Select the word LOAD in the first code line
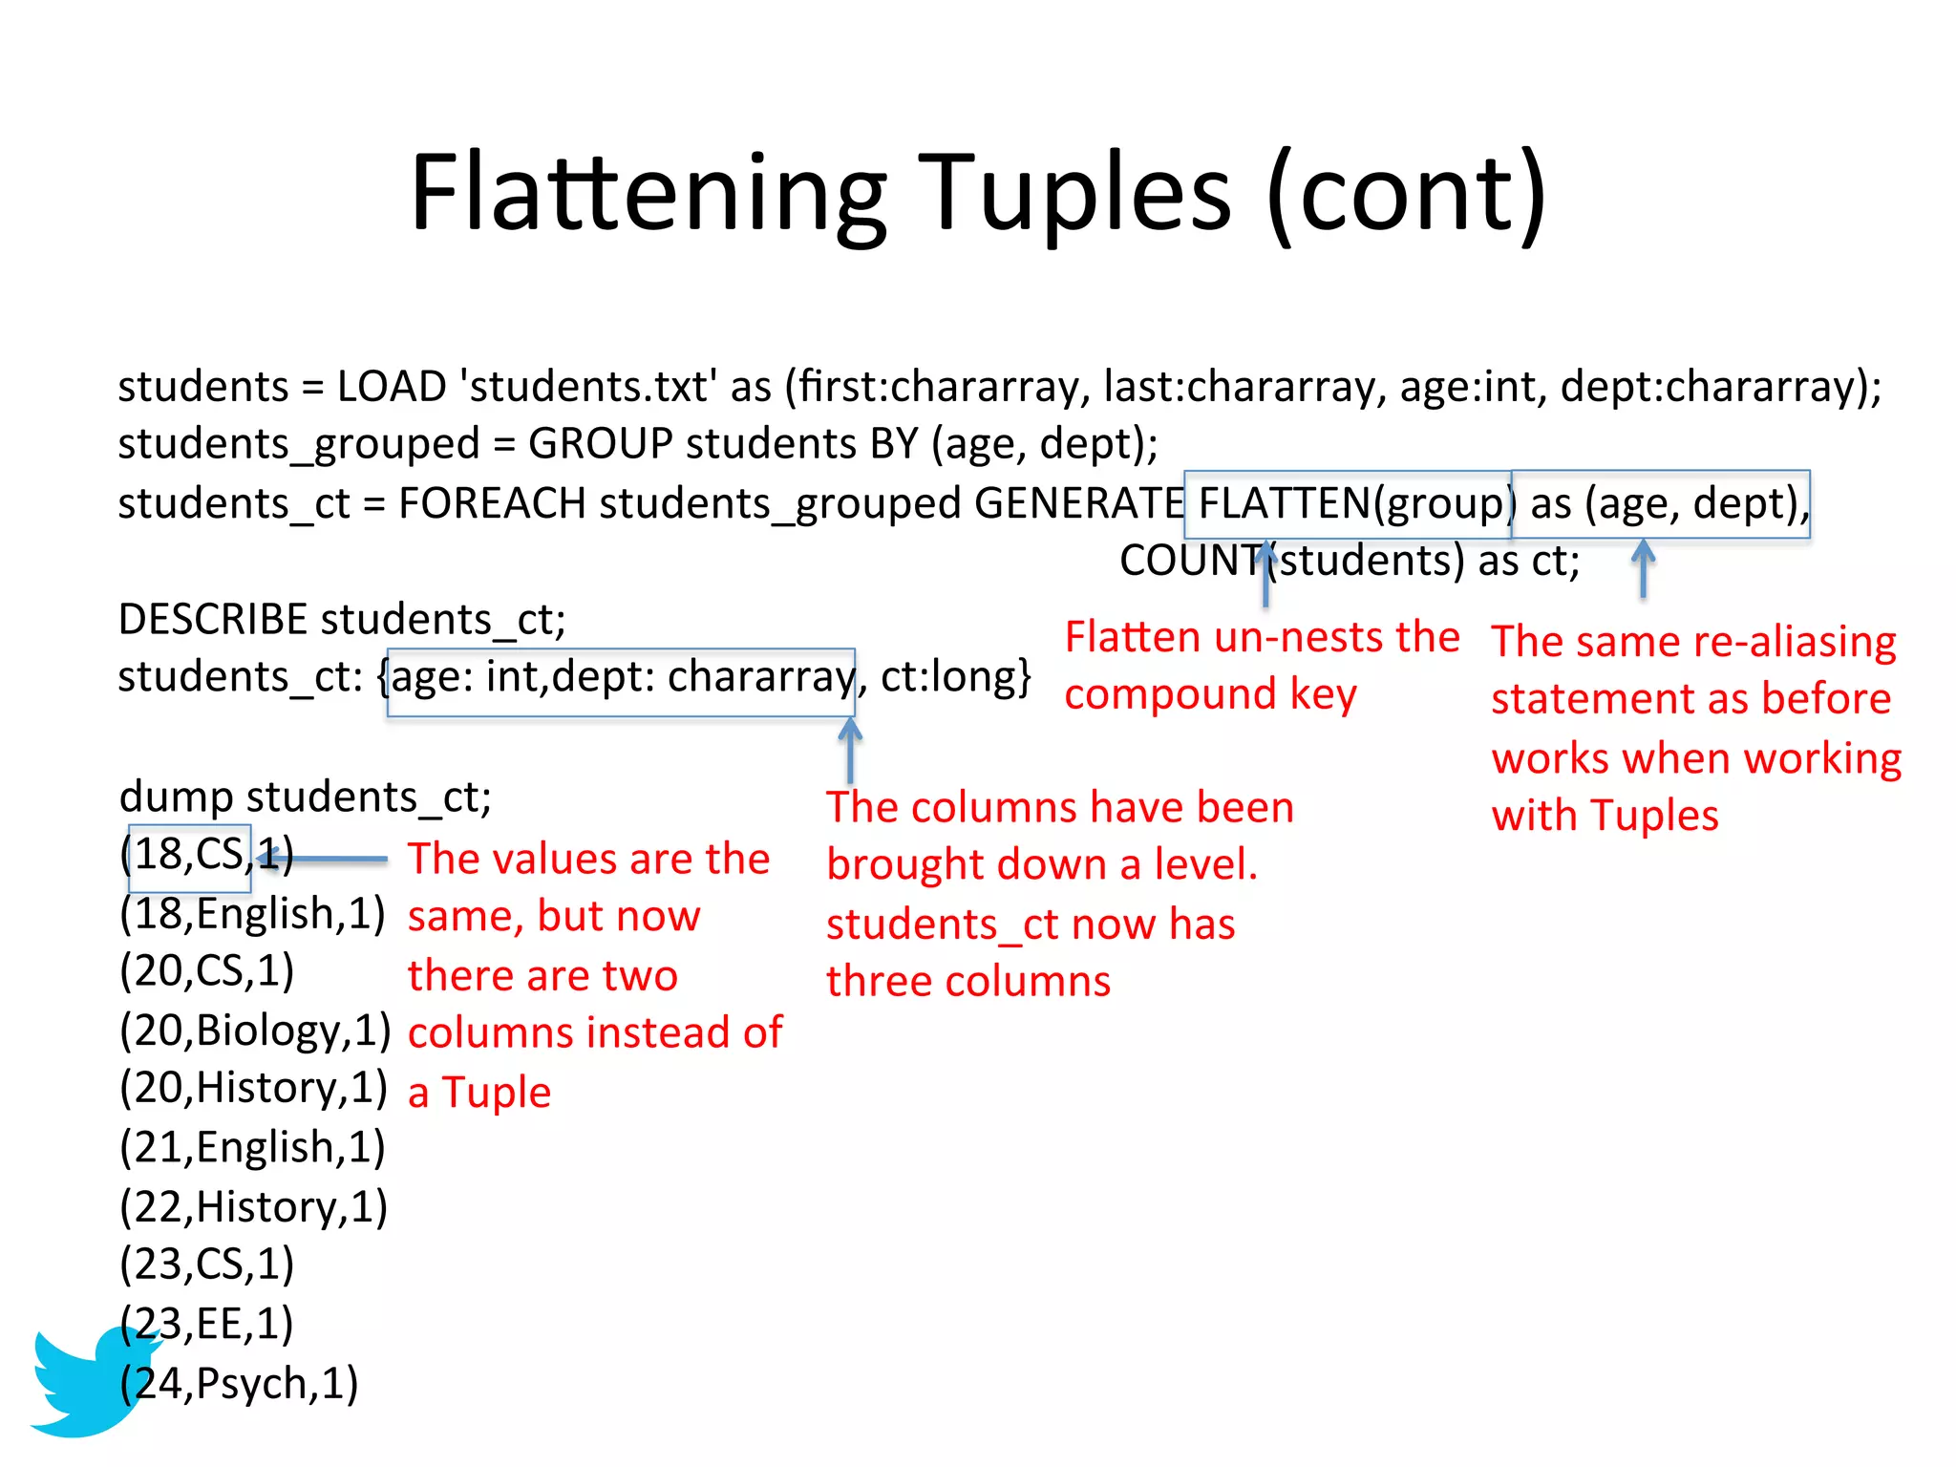tap(392, 387)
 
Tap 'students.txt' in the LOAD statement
tap(588, 387)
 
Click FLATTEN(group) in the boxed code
tap(1350, 503)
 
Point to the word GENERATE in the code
tap(1078, 503)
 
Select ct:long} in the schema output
tap(955, 677)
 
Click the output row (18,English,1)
tap(252, 914)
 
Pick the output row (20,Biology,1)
tap(255, 1031)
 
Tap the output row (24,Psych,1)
tap(239, 1383)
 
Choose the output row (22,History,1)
tap(253, 1206)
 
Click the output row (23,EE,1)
tap(206, 1324)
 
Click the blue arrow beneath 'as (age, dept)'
tap(1643, 569)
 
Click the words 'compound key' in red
tap(1210, 694)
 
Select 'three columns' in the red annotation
tap(967, 982)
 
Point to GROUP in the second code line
tap(601, 444)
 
